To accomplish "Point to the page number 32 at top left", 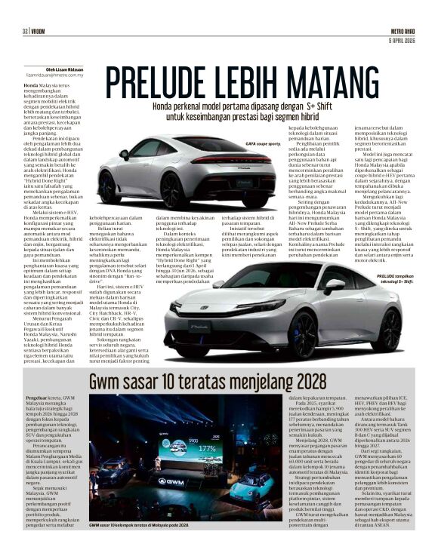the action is pyautogui.click(x=25, y=30).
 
